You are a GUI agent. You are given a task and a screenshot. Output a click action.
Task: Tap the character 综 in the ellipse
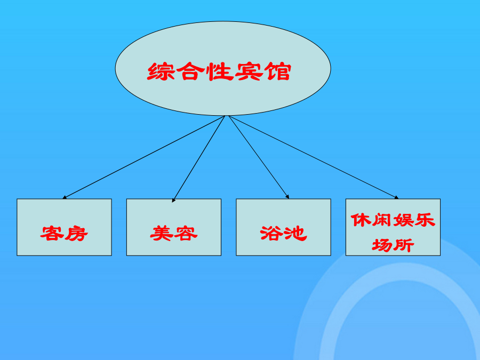[161, 71]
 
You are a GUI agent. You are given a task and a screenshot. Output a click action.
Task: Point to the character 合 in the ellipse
[191, 71]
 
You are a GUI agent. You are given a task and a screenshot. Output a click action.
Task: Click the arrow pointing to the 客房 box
[143, 157]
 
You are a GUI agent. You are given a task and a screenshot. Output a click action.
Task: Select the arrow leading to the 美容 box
[199, 159]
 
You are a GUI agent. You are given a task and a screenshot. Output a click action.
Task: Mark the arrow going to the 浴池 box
[259, 157]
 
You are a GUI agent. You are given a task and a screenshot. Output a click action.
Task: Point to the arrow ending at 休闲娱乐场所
[314, 157]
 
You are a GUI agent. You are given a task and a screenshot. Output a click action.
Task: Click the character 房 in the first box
[76, 234]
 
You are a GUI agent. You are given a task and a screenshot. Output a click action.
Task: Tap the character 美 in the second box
[162, 234]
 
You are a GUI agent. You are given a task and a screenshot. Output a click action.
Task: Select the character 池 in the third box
[295, 234]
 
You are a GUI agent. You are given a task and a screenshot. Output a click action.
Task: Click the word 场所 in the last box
[393, 245]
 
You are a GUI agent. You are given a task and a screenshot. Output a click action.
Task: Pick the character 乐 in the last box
[425, 220]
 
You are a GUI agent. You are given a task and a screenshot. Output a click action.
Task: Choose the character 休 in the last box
[361, 220]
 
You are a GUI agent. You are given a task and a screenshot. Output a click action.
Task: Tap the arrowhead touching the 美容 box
[173, 200]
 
